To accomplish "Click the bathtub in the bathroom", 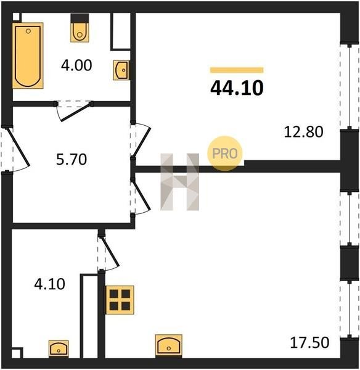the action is [28, 55].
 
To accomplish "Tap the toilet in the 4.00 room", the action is [80, 28].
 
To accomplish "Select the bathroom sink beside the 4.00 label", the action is [121, 70].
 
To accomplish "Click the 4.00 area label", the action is [76, 65].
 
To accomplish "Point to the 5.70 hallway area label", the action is [72, 159].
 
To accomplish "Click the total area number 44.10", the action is [237, 88].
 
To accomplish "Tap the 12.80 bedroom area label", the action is [303, 132].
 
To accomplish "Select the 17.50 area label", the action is [309, 342].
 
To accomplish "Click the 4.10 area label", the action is [49, 284].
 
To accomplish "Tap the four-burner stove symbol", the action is [120, 300].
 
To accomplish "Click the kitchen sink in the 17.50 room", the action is [169, 345].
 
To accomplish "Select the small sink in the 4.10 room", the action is [59, 349].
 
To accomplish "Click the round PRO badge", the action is [225, 154].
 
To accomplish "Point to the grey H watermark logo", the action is [180, 182].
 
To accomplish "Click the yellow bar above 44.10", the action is [237, 70].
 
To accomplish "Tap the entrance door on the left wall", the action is [18, 147].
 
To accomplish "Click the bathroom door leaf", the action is [75, 112].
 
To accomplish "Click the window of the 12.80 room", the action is [349, 86].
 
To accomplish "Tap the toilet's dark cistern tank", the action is [80, 18].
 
